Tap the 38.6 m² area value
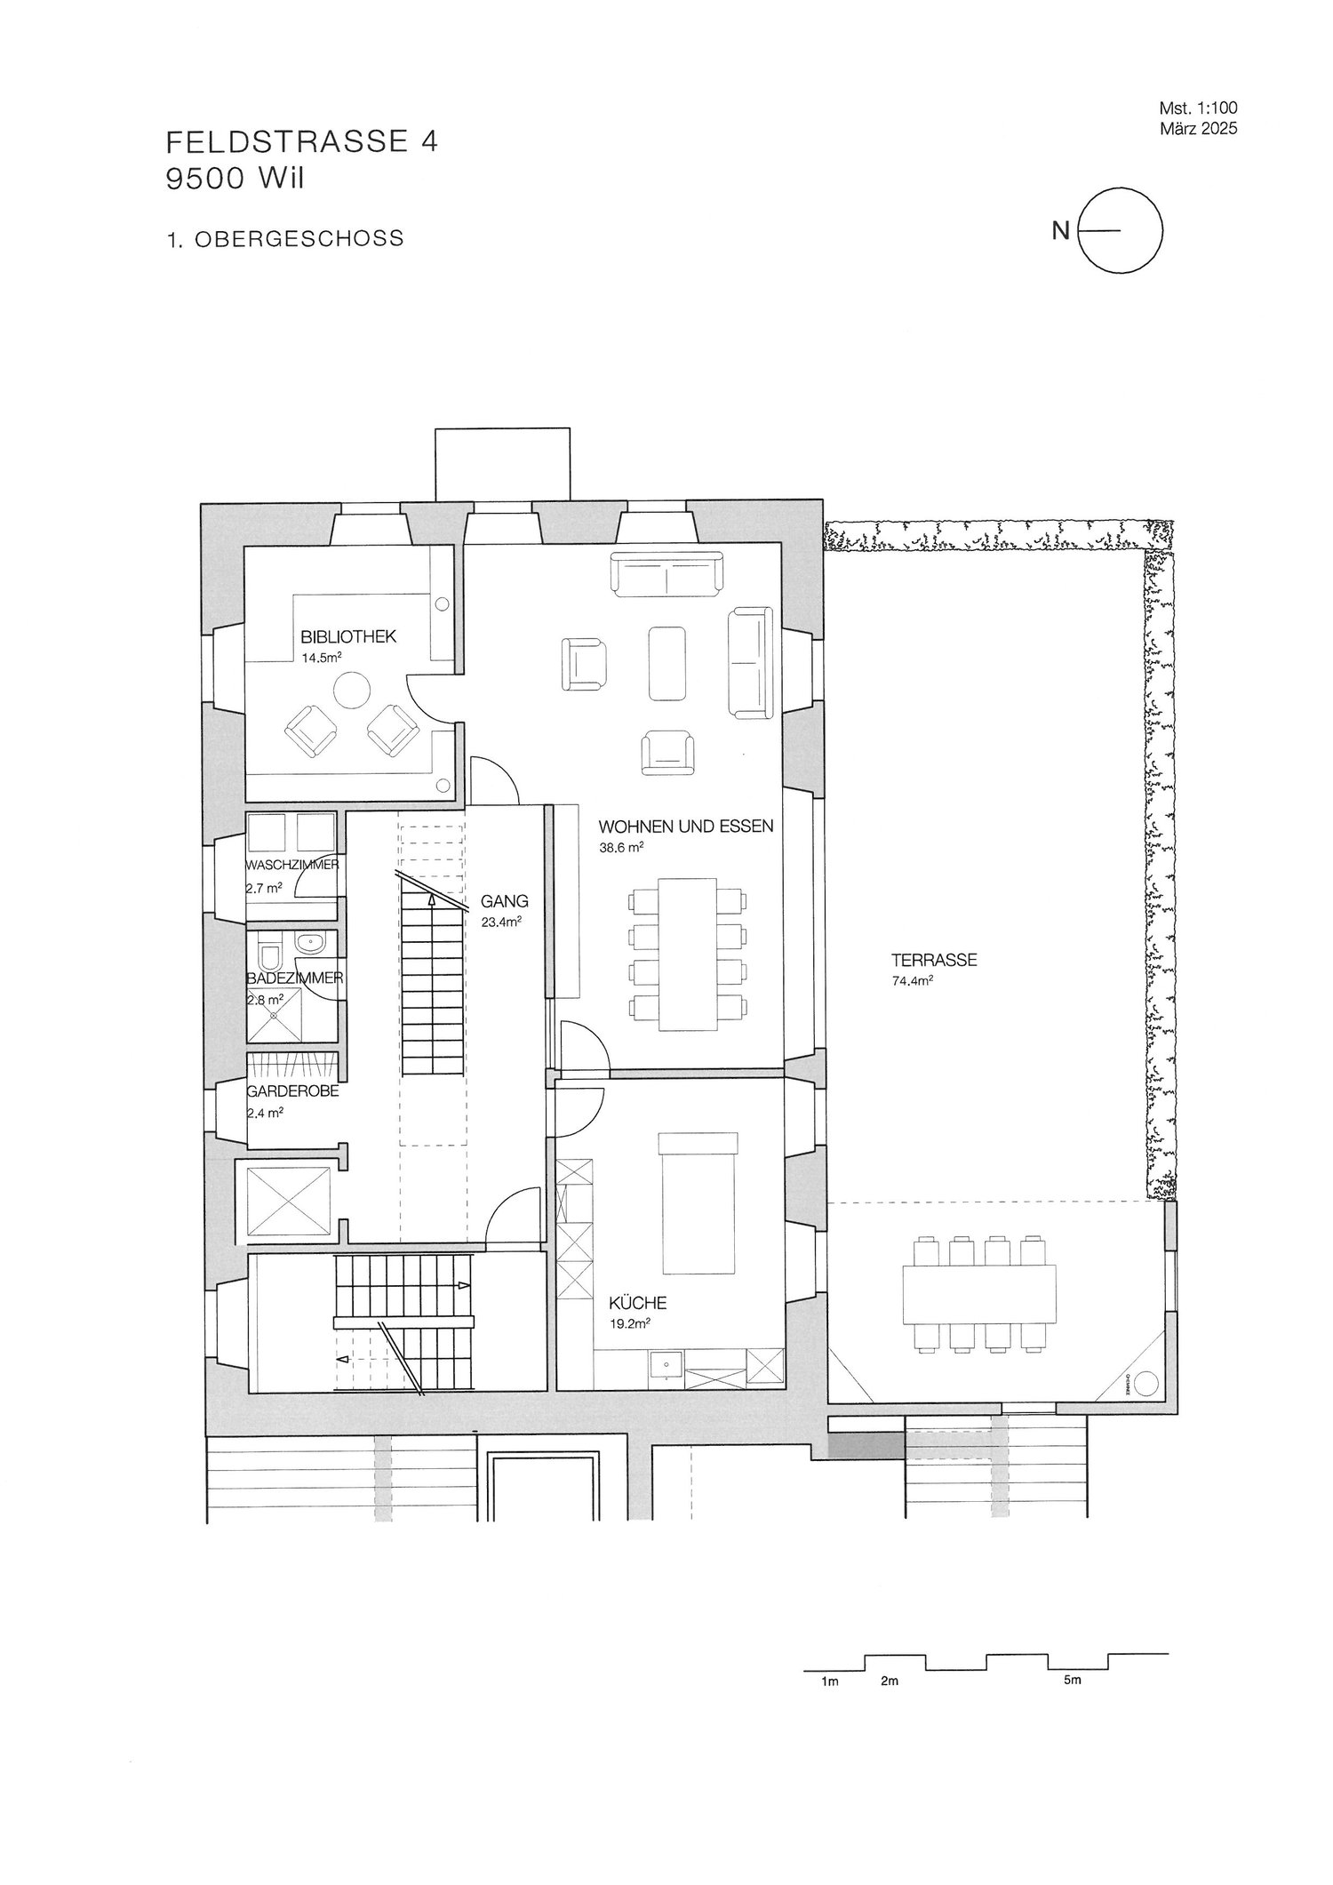pos(621,848)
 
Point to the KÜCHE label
pos(637,1304)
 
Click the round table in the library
pos(352,689)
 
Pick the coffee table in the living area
pos(667,663)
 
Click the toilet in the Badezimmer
pos(268,957)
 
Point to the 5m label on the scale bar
pos(1072,1681)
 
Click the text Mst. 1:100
pos(1198,108)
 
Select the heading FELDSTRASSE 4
pos(301,143)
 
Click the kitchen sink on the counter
pos(665,1364)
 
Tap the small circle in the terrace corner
pos(1146,1382)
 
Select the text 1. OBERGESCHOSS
pos(284,238)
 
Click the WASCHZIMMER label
pos(292,865)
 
